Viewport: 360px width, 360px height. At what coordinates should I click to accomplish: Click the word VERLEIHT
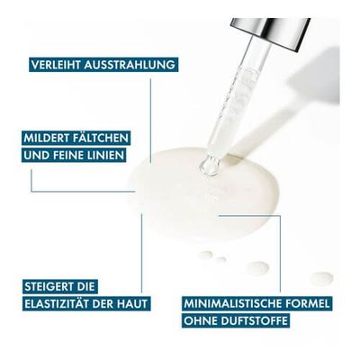56,65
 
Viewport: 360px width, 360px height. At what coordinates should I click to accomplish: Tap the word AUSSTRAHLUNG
130,65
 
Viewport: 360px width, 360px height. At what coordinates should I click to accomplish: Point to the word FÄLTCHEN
101,138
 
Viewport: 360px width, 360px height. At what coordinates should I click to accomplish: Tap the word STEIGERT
49,286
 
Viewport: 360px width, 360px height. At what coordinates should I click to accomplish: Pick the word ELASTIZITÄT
57,303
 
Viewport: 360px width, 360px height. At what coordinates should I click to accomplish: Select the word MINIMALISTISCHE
231,303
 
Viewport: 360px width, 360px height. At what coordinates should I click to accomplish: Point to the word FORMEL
306,303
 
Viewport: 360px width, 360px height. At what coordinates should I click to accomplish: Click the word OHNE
200,320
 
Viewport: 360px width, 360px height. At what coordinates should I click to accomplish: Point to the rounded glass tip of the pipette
209,166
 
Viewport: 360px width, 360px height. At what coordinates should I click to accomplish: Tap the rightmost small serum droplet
321,278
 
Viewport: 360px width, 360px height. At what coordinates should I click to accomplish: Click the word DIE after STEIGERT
86,286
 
